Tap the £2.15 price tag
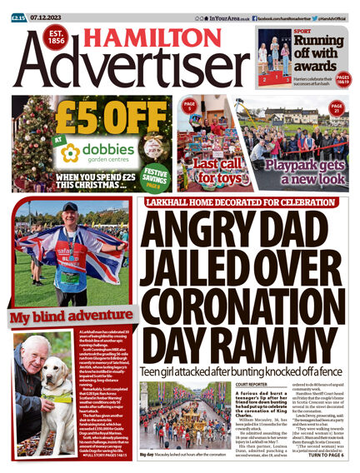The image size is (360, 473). coord(17,7)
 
